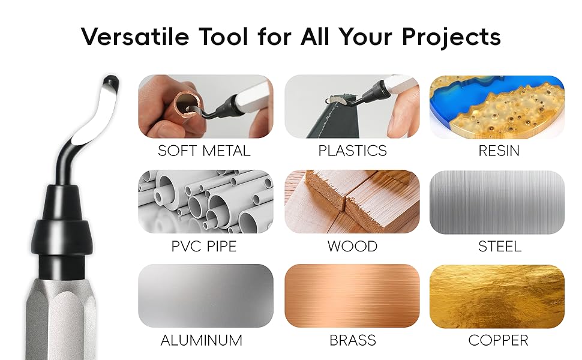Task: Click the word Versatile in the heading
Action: coord(135,37)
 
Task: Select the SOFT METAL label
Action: coord(204,151)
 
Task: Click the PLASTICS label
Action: coord(352,151)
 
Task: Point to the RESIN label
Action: coord(499,151)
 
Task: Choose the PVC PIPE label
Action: coord(204,246)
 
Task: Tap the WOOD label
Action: coord(352,246)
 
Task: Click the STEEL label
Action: coord(499,246)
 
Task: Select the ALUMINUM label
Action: coord(201,340)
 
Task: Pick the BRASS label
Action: coord(353,340)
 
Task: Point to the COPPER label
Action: coord(498,340)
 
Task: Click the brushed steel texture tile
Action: coord(497,202)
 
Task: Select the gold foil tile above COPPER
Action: coord(497,296)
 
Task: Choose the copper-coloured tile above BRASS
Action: coord(352,296)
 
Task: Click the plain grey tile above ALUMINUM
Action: coord(206,296)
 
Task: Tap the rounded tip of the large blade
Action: coord(110,80)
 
